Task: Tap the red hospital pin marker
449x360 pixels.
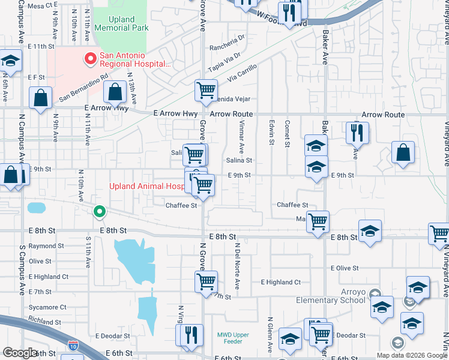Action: (91, 59)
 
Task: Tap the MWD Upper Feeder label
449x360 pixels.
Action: (229, 338)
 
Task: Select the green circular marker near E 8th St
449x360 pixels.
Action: (100, 211)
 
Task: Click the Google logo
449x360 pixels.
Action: (20, 353)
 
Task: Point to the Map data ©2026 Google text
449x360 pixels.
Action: (411, 355)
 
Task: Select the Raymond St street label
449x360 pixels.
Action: (46, 246)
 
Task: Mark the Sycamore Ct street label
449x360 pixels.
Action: (47, 307)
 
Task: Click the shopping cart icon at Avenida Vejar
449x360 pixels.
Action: (206, 91)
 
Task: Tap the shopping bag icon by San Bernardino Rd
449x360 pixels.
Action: (115, 92)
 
